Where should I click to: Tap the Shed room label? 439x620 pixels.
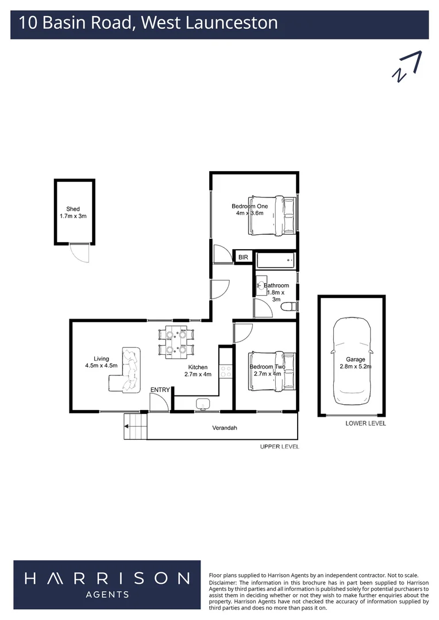[x=73, y=209]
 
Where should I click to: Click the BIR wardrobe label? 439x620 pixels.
[x=243, y=258]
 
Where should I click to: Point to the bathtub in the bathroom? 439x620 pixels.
[x=275, y=261]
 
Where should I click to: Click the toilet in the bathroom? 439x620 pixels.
[x=289, y=308]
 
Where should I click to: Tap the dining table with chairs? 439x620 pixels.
[x=176, y=342]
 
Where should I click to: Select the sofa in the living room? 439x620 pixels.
[x=127, y=370]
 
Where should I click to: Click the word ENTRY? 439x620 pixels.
[x=160, y=390]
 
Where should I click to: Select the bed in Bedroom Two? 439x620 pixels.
[x=272, y=370]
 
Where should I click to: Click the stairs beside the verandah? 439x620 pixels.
[x=136, y=428]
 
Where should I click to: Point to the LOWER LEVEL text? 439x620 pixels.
[x=365, y=424]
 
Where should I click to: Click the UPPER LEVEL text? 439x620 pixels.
[x=279, y=447]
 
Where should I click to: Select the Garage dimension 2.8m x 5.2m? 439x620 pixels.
[x=355, y=366]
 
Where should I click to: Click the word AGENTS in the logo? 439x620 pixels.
[x=106, y=595]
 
